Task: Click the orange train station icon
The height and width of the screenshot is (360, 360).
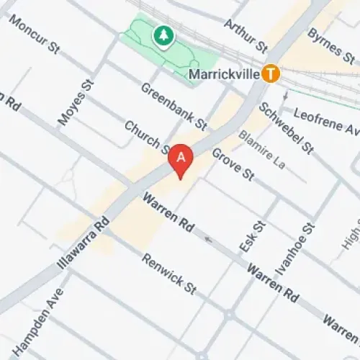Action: pos(271,73)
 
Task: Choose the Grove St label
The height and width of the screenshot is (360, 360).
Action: pos(234,165)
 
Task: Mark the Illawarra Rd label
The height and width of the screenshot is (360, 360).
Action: pos(83,242)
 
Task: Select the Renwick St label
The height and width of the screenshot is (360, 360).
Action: pos(169,274)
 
